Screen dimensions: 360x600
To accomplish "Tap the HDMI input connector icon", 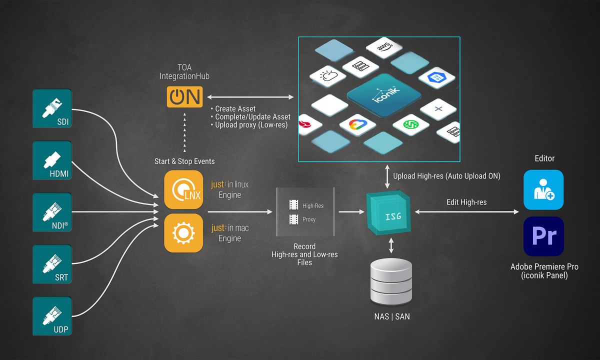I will tap(52, 160).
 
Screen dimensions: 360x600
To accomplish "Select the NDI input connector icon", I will tap(52, 212).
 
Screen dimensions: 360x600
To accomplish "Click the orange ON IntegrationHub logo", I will tap(184, 97).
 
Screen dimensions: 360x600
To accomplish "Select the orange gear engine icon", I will tap(183, 233).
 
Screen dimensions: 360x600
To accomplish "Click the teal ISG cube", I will tap(390, 212).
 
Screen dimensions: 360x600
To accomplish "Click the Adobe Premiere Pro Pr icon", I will tap(543, 236).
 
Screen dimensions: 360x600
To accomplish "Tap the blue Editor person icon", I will tap(543, 189).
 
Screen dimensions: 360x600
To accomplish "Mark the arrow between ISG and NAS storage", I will tap(391, 245).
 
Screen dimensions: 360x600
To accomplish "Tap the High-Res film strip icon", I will tap(293, 205).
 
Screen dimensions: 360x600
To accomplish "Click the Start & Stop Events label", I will tap(184, 161).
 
